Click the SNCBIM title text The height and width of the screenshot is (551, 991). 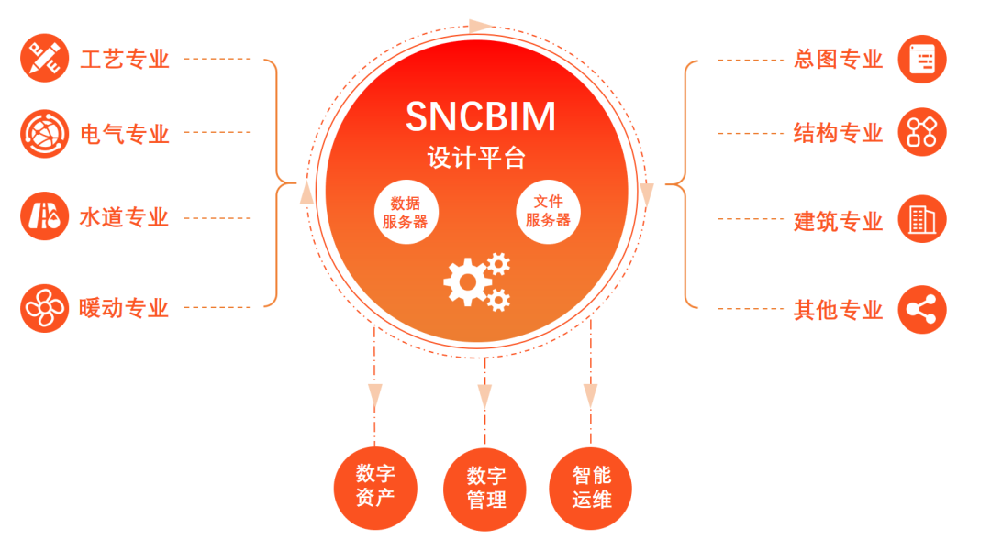pos(480,116)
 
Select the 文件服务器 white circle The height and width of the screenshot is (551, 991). pos(548,212)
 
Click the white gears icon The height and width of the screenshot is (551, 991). pos(476,281)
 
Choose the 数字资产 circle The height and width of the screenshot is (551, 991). pos(375,487)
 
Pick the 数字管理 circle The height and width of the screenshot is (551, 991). pos(485,488)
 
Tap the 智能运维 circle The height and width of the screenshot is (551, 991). pos(591,488)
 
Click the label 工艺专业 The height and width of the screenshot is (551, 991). pos(125,60)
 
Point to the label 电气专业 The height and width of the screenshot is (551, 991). pos(125,134)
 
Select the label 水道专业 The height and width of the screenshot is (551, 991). pos(125,218)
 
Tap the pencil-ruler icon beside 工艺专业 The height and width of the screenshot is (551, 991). pos(44,58)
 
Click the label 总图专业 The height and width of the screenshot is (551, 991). pos(838,60)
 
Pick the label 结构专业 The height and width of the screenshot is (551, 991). pos(838,134)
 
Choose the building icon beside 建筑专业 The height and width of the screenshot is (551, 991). pos(920,219)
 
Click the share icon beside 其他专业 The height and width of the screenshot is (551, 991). pos(920,309)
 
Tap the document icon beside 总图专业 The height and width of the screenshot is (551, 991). pos(920,60)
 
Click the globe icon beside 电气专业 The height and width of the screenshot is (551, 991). pos(44,134)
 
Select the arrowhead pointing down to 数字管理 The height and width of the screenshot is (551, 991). pos(485,395)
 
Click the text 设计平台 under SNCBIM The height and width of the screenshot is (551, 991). pos(476,158)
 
